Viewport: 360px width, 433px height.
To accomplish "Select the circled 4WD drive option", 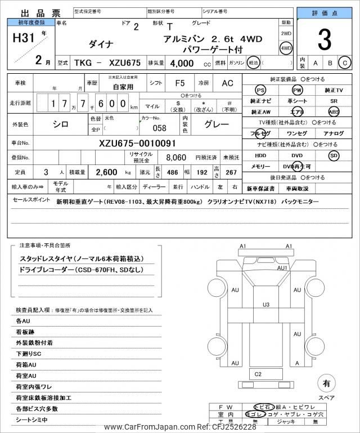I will [286, 48].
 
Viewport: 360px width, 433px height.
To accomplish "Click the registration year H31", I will [24, 38].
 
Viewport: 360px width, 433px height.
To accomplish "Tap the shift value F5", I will [179, 83].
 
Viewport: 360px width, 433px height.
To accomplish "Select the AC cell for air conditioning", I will [227, 83].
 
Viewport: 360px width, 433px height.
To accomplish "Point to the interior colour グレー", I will [217, 124].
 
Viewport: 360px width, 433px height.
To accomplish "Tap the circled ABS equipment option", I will [334, 111].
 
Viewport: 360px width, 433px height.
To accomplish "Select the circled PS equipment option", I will [260, 90].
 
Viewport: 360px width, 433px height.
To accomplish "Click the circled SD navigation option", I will [334, 155].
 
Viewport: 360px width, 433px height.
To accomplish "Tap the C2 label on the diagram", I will [258, 374].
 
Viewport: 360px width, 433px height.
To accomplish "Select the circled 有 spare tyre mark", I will [325, 383].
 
